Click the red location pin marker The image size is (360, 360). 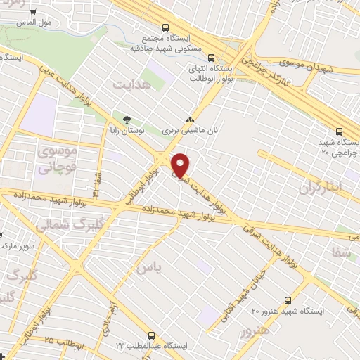pyautogui.click(x=181, y=165)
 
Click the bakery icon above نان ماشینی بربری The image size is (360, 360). pyautogui.click(x=189, y=120)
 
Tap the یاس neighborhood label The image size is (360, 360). pyautogui.click(x=149, y=267)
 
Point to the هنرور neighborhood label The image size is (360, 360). pyautogui.click(x=254, y=330)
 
